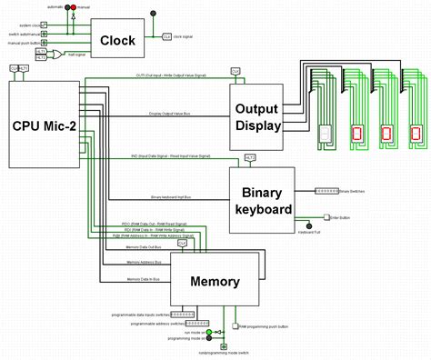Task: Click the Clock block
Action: pos(117,39)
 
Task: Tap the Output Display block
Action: pos(256,115)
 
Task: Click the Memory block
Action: pos(215,281)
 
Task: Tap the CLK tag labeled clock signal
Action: pos(166,36)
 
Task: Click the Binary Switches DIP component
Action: pos(326,192)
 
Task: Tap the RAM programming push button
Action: pos(235,325)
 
